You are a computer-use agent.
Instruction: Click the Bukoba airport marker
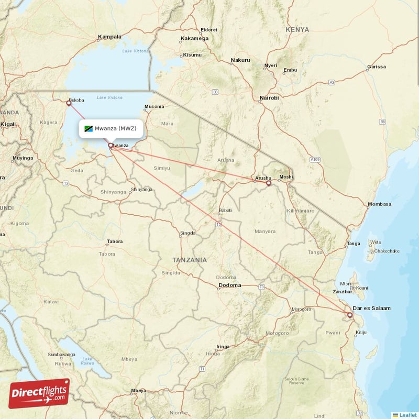pyautogui.click(x=69, y=103)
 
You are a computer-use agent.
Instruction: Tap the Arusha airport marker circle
pyautogui.click(x=269, y=183)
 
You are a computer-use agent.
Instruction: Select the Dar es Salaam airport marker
pyautogui.click(x=350, y=315)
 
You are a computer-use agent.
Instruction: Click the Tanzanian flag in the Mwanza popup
pyautogui.click(x=88, y=128)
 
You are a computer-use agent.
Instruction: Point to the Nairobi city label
pyautogui.click(x=269, y=98)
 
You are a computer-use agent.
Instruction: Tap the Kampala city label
pyautogui.click(x=109, y=37)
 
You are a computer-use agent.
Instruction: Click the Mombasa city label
pyautogui.click(x=380, y=204)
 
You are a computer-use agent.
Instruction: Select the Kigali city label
pyautogui.click(x=8, y=124)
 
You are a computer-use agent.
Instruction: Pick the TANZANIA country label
pyautogui.click(x=190, y=260)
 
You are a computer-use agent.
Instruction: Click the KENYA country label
pyautogui.click(x=297, y=30)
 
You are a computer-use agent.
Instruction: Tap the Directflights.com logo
pyautogui.click(x=39, y=393)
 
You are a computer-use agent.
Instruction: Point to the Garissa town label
pyautogui.click(x=377, y=67)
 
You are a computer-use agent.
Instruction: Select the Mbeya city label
pyautogui.click(x=139, y=391)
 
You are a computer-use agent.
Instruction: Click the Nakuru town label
pyautogui.click(x=240, y=60)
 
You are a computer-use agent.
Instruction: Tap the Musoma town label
pyautogui.click(x=153, y=107)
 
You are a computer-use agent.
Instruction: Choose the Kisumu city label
pyautogui.click(x=192, y=55)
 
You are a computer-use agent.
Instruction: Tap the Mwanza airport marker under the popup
pyautogui.click(x=111, y=146)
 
